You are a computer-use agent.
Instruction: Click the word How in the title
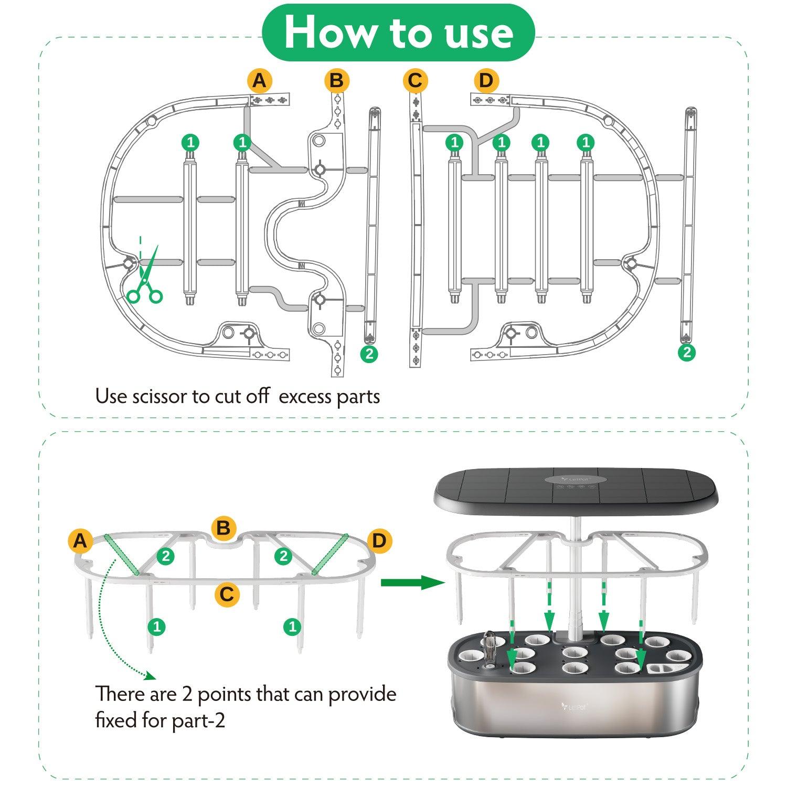click(x=331, y=33)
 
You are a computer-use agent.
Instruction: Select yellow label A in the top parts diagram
click(x=260, y=81)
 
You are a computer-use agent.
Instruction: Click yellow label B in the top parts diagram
click(x=337, y=81)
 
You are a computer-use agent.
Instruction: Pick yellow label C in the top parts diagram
click(x=415, y=81)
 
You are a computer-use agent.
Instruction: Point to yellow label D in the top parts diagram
click(x=486, y=81)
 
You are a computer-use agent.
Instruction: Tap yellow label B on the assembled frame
click(x=224, y=528)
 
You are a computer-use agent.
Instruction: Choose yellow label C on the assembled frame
click(x=227, y=594)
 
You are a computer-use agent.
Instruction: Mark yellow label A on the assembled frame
click(x=80, y=540)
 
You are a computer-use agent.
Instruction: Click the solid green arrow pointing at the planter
click(x=412, y=582)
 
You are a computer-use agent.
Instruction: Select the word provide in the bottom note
click(x=362, y=694)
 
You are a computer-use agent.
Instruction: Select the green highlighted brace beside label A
click(x=121, y=555)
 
